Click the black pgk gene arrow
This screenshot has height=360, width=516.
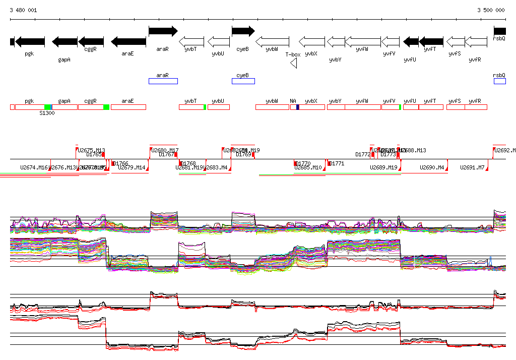(x=30, y=41)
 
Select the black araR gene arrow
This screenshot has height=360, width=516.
(x=163, y=31)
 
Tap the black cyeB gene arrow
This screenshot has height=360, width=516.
(x=243, y=31)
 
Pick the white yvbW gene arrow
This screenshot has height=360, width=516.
(x=272, y=41)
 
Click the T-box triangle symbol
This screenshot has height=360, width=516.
(x=294, y=63)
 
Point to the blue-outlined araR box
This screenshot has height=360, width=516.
(x=163, y=81)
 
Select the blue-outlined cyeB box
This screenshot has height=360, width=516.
(x=243, y=81)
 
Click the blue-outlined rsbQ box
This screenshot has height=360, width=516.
(x=499, y=81)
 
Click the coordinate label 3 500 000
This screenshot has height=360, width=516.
(x=491, y=10)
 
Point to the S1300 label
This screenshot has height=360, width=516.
(x=47, y=113)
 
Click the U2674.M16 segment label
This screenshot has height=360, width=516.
(x=34, y=167)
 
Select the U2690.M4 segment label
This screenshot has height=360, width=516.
(x=432, y=167)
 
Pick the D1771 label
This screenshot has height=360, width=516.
(x=336, y=163)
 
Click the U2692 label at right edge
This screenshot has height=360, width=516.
(x=504, y=150)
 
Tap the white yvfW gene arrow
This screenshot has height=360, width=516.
(x=362, y=41)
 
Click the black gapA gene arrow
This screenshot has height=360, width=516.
(x=64, y=41)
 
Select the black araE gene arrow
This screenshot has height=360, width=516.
(x=128, y=41)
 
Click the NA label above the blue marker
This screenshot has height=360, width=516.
(x=293, y=101)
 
